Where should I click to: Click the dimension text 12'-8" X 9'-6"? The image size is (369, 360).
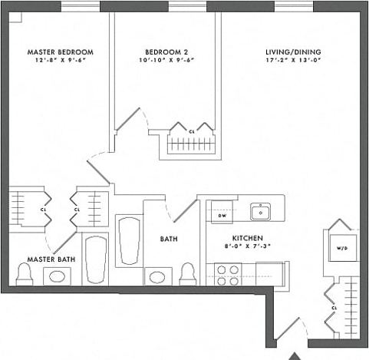(x=57, y=60)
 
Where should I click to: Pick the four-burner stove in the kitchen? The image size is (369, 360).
(x=226, y=275)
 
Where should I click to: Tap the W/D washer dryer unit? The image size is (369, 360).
(x=341, y=248)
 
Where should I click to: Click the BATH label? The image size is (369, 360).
(x=169, y=239)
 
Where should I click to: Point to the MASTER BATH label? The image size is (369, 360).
(x=51, y=259)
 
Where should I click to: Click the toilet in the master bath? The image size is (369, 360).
(x=24, y=276)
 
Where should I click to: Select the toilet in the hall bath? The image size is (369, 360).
(x=187, y=275)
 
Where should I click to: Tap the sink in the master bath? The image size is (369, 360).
(x=58, y=276)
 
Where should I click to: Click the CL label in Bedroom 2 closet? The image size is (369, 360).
(x=191, y=132)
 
